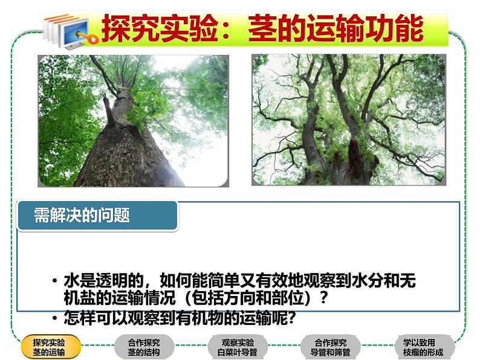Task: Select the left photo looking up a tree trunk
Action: click(133, 121)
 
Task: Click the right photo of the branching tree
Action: click(348, 120)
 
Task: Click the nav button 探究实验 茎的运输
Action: click(49, 347)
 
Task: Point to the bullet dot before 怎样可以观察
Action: click(55, 318)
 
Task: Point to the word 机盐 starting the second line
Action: click(79, 298)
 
